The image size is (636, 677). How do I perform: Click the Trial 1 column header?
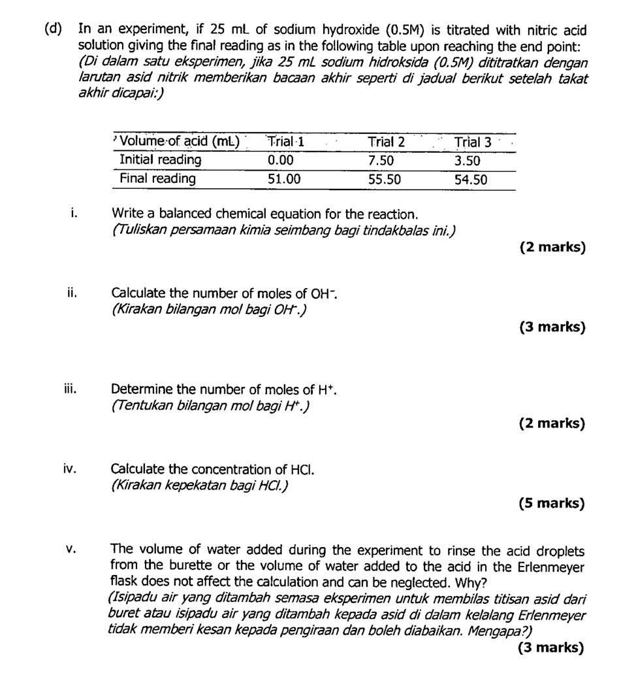287,141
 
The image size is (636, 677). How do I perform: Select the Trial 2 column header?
386,142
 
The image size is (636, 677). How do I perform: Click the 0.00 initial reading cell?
281,160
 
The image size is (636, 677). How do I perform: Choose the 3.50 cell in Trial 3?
468,161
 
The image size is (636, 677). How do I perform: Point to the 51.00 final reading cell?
284,178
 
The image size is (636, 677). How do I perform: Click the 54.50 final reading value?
471,179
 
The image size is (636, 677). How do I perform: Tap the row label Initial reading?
160,160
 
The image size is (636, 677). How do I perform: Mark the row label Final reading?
157,178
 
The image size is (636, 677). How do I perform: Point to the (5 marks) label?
552,503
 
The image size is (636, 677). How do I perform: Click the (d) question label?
54,29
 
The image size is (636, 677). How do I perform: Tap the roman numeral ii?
72,293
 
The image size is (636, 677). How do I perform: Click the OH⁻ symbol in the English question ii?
325,293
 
